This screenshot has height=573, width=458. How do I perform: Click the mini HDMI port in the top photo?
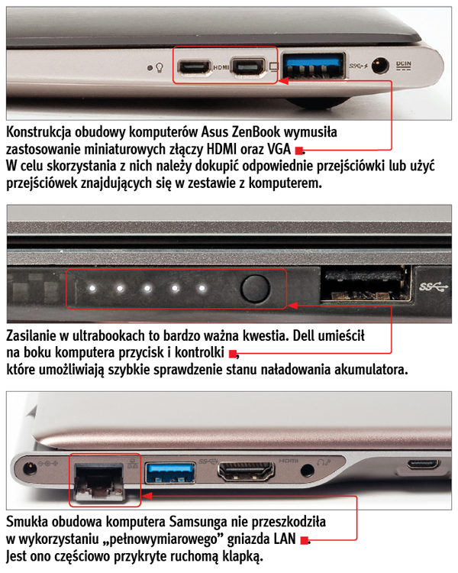pos(193,66)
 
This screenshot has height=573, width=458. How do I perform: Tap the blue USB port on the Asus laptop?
pos(314,66)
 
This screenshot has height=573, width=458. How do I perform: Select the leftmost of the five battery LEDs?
pos(91,290)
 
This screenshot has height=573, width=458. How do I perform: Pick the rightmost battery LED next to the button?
pos(202,290)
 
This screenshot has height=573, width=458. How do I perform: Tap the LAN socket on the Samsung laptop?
pos(98,479)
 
